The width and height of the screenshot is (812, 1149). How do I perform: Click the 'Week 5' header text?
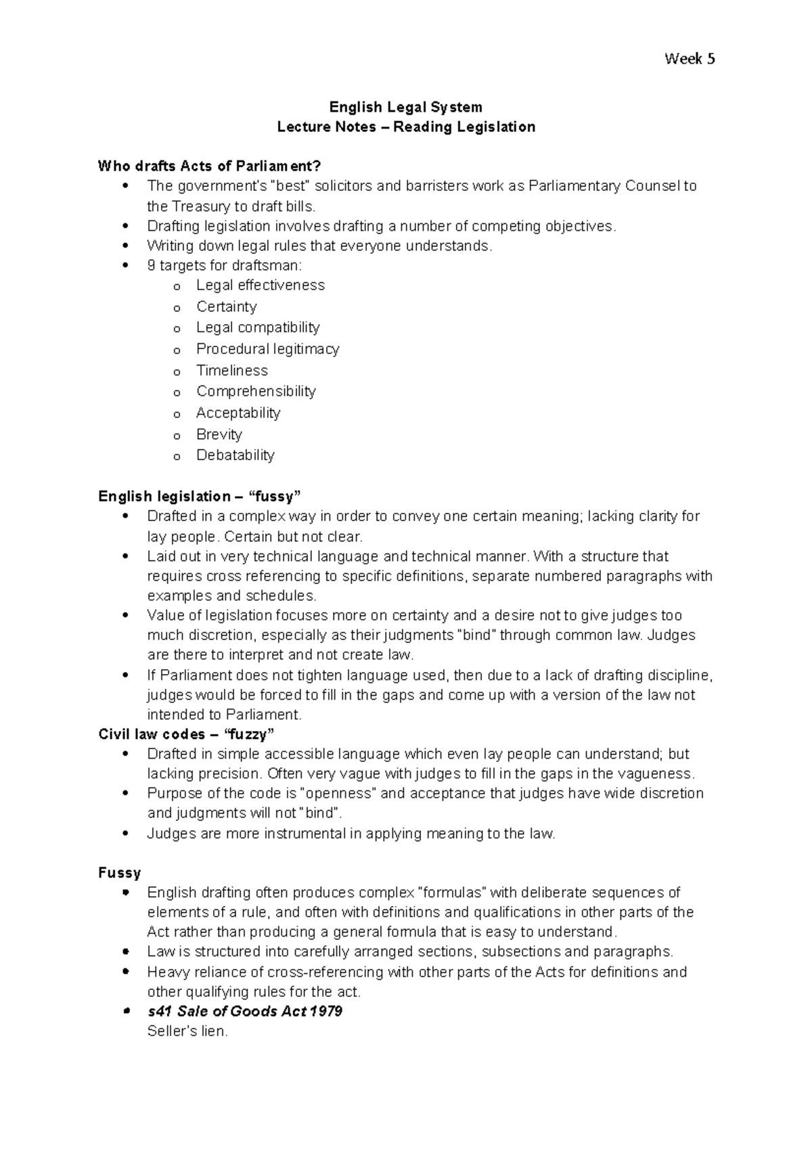coord(690,59)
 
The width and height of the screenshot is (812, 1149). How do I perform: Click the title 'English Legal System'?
coord(405,107)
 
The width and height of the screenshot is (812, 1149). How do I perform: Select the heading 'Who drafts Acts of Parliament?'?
coord(209,166)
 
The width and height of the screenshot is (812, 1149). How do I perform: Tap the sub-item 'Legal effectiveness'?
coord(261,286)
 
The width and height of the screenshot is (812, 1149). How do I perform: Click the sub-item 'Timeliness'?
coord(232,371)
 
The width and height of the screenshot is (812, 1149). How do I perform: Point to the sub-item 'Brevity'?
coord(219,434)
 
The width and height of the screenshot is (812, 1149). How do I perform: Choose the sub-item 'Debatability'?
coord(235,455)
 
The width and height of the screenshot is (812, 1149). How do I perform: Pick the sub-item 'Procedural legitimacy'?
coord(267,349)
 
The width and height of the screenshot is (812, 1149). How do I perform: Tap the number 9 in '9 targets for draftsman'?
coord(151,265)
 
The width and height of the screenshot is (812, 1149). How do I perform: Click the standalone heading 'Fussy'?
coord(120,872)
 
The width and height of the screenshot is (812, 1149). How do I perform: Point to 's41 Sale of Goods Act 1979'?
coord(244,1012)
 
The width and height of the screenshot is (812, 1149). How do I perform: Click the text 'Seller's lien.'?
coord(187,1032)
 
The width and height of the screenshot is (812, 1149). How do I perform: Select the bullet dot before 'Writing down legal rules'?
coord(125,246)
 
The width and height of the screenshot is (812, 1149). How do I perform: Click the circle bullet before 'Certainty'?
coord(177,308)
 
